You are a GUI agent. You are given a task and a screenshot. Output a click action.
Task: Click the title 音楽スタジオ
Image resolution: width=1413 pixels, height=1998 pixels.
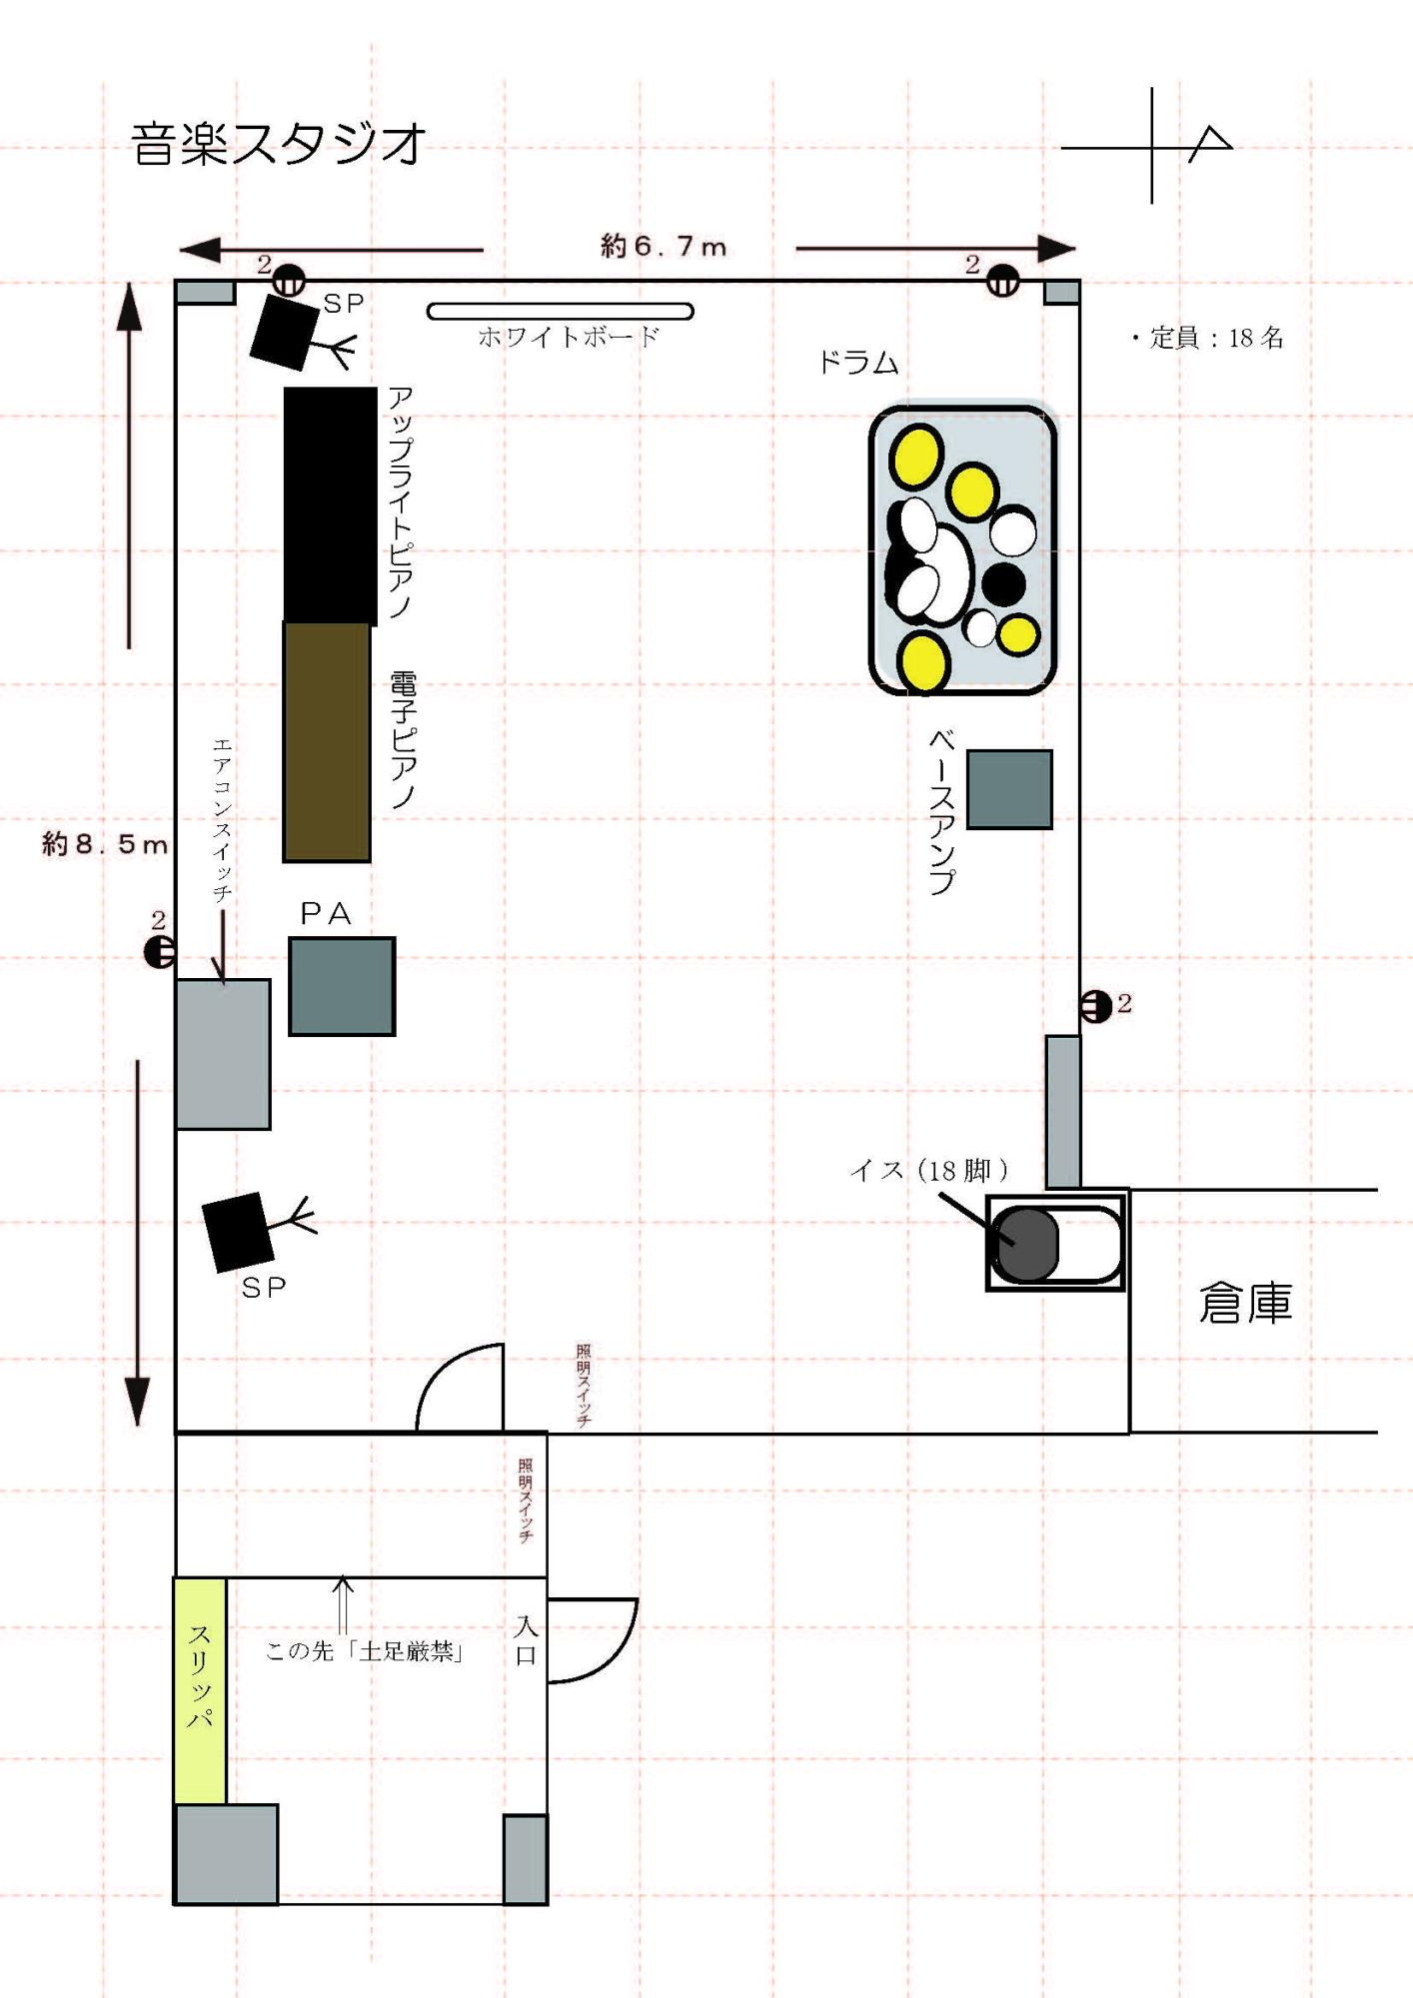(279, 144)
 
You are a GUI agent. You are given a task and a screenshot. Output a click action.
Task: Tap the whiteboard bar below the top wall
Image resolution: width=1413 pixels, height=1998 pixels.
(560, 312)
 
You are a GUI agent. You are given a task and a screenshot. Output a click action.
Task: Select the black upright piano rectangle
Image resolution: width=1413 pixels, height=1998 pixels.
(330, 505)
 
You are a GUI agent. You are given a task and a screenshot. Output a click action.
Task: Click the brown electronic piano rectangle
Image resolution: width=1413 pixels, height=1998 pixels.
(327, 741)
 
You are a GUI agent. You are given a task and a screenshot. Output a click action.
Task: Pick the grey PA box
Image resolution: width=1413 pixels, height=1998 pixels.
(342, 986)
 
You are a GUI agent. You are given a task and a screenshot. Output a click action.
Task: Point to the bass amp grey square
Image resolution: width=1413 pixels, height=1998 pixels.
(1009, 789)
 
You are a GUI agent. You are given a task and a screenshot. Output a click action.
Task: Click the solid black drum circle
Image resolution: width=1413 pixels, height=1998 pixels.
(1003, 584)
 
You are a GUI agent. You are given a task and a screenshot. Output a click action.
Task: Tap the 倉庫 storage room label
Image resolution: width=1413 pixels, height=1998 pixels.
(1245, 1303)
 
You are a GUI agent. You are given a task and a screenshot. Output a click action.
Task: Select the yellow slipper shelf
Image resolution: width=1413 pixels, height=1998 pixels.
(200, 1690)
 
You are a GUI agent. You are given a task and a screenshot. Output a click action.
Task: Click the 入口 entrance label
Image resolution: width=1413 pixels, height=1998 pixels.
(526, 1640)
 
